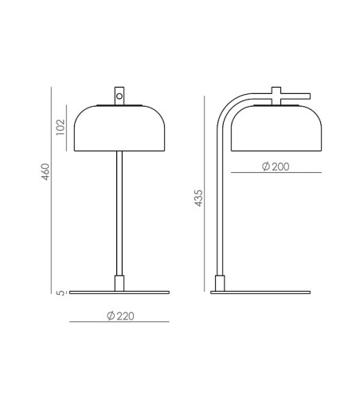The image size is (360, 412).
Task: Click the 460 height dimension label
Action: tap(45, 171)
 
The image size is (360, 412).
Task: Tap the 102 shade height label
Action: tap(61, 127)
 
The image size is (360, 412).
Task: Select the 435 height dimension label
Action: tap(198, 198)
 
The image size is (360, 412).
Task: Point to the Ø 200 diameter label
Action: tap(276, 167)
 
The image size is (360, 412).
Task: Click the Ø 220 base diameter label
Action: tap(120, 316)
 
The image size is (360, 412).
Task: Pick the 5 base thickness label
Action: tap(61, 292)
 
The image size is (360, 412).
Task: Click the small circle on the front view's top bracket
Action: tap(119, 96)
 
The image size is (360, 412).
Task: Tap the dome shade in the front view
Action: tap(119, 128)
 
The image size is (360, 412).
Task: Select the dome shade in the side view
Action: tap(276, 128)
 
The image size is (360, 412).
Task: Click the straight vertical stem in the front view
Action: tap(119, 214)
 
